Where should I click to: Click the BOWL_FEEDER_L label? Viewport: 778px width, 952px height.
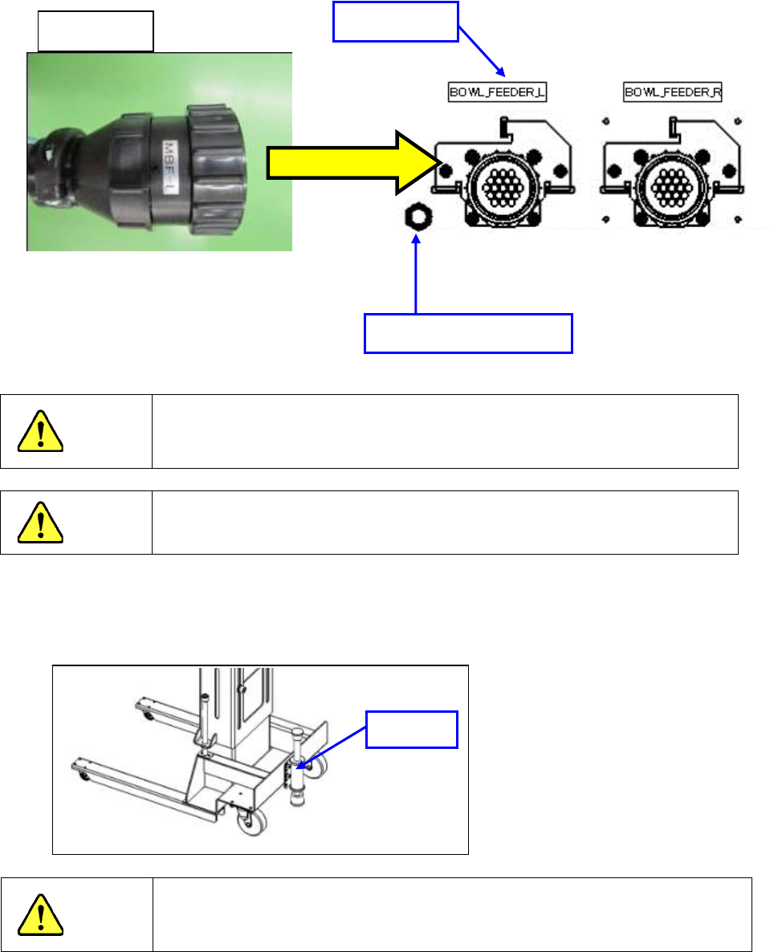[496, 92]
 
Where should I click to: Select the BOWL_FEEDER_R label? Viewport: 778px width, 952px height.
[673, 92]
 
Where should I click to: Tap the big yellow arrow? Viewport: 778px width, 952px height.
[353, 163]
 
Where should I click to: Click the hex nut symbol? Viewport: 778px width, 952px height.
[416, 217]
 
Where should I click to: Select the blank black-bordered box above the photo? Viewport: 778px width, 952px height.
[96, 31]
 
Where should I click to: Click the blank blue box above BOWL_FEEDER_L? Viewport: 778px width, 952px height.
[394, 22]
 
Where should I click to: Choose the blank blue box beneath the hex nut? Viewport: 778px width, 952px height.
[468, 334]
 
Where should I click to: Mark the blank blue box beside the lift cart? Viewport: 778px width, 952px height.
[412, 729]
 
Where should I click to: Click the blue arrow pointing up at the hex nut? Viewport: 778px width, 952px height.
[416, 273]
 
